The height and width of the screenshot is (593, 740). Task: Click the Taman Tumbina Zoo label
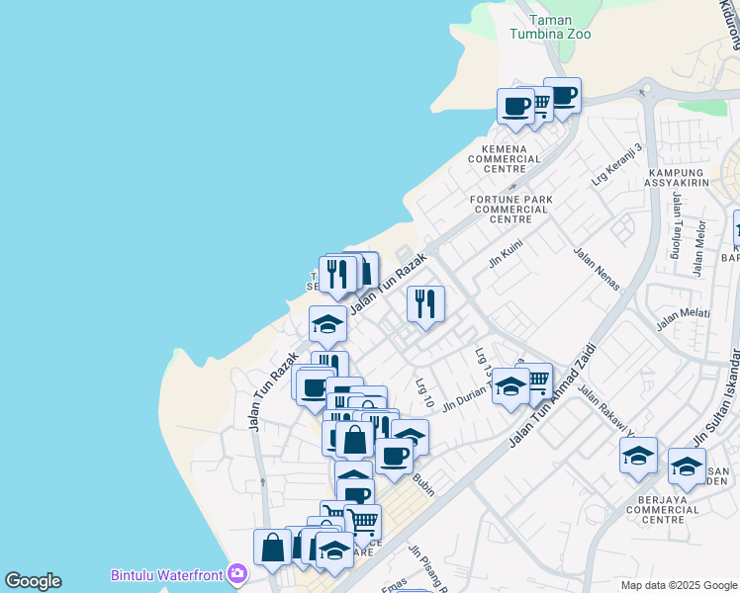tap(550, 27)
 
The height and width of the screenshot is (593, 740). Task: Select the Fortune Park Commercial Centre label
tap(511, 210)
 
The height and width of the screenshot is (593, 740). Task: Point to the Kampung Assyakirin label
tap(677, 179)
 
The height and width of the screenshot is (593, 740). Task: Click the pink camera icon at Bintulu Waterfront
tap(237, 573)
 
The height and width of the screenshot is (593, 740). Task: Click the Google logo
tap(33, 581)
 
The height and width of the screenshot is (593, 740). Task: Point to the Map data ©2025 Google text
tap(678, 585)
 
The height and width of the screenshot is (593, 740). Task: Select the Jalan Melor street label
tap(699, 248)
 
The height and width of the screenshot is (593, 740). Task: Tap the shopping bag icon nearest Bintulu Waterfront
tap(272, 547)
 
